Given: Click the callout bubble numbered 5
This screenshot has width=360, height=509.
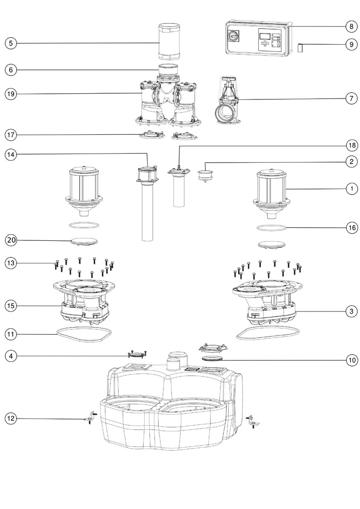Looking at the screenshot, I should pos(11,43).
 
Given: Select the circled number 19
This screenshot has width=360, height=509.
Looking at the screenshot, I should pos(11,94).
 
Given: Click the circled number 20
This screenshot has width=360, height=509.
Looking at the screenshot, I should pos(11,240).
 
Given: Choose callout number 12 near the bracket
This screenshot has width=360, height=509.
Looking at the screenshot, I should pos(11,418).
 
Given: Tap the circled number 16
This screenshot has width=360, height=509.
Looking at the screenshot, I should pos(351,227).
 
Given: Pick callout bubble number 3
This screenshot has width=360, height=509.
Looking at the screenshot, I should pos(351,311).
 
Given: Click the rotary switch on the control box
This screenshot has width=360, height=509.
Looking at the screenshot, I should pos(234,35).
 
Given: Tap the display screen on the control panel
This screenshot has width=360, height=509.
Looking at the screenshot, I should pos(264,35).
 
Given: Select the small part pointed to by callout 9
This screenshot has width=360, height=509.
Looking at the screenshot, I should pos(300,47).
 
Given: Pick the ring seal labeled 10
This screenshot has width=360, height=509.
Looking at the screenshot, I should pos(213,359).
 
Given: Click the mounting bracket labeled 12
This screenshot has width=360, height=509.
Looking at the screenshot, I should pos(90,418).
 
